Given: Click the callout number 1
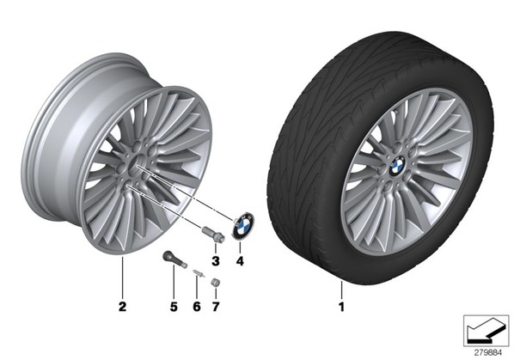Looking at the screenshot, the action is click(x=341, y=307).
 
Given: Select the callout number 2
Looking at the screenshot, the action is click(x=122, y=307).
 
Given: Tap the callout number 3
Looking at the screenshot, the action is click(x=216, y=261).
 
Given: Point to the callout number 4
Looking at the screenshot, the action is click(x=240, y=261).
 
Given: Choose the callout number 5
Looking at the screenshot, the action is click(x=174, y=307).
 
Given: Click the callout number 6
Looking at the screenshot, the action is click(x=196, y=307).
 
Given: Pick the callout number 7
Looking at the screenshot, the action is click(x=216, y=307).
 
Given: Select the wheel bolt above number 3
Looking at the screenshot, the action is click(x=213, y=235).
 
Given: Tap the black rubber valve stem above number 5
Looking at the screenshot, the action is click(x=174, y=259).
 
